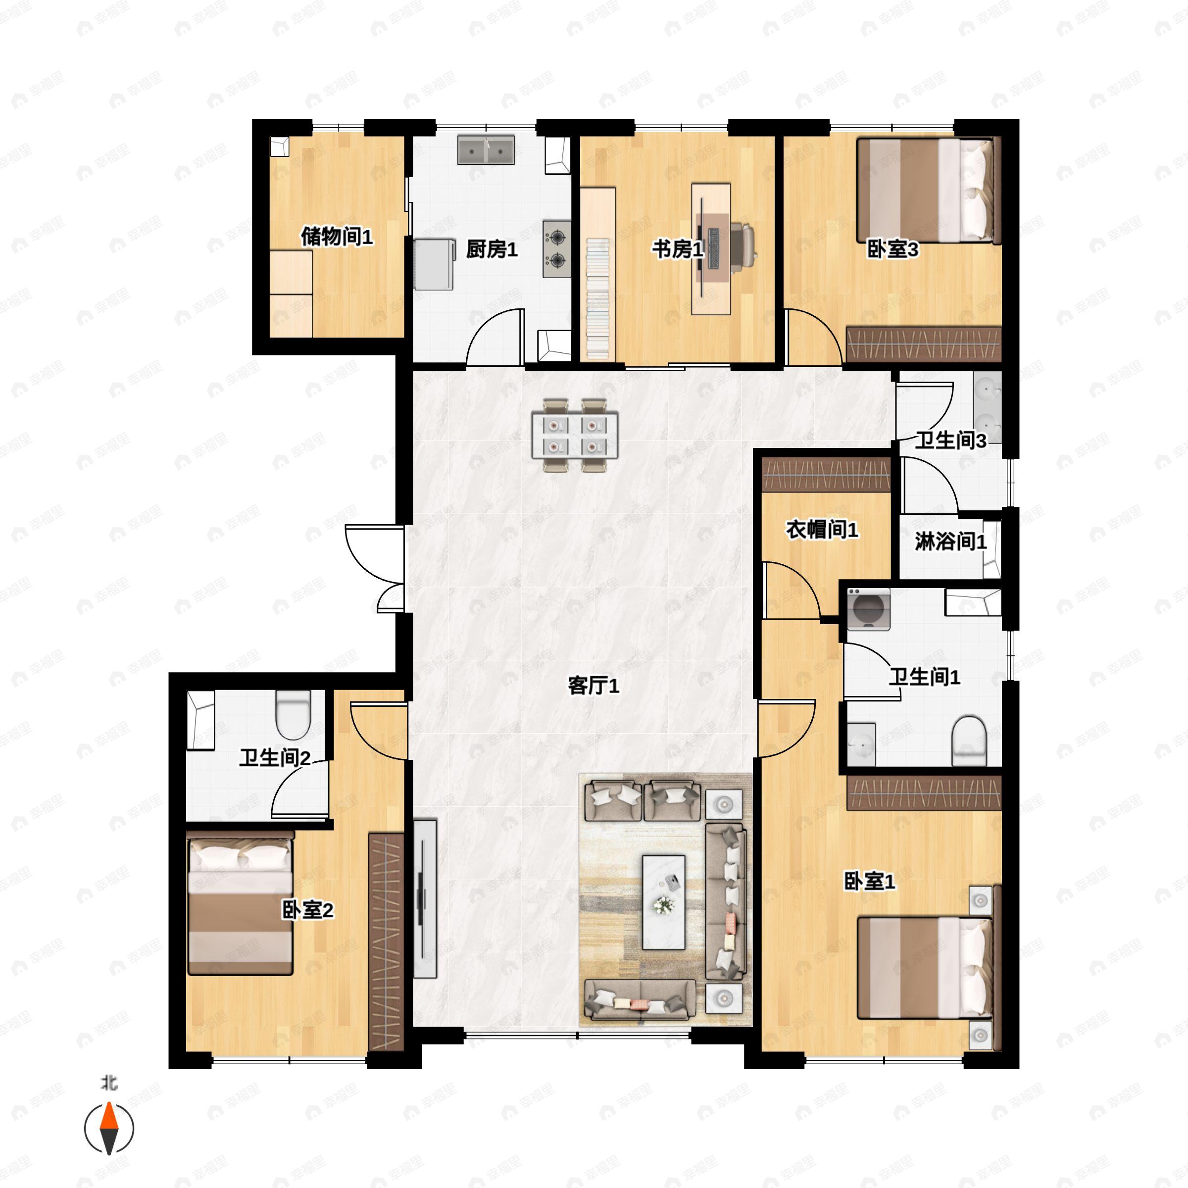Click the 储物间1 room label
point(337,236)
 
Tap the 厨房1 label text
point(492,249)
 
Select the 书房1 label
point(678,249)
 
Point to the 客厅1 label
point(594,685)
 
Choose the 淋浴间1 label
point(950,541)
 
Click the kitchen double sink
point(486,150)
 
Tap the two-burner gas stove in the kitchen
point(557,248)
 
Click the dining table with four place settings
point(575,436)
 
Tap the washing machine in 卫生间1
point(868,609)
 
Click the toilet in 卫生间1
point(969,740)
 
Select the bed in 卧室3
point(926,191)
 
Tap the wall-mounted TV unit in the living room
point(424,898)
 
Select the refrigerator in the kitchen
point(434,264)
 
